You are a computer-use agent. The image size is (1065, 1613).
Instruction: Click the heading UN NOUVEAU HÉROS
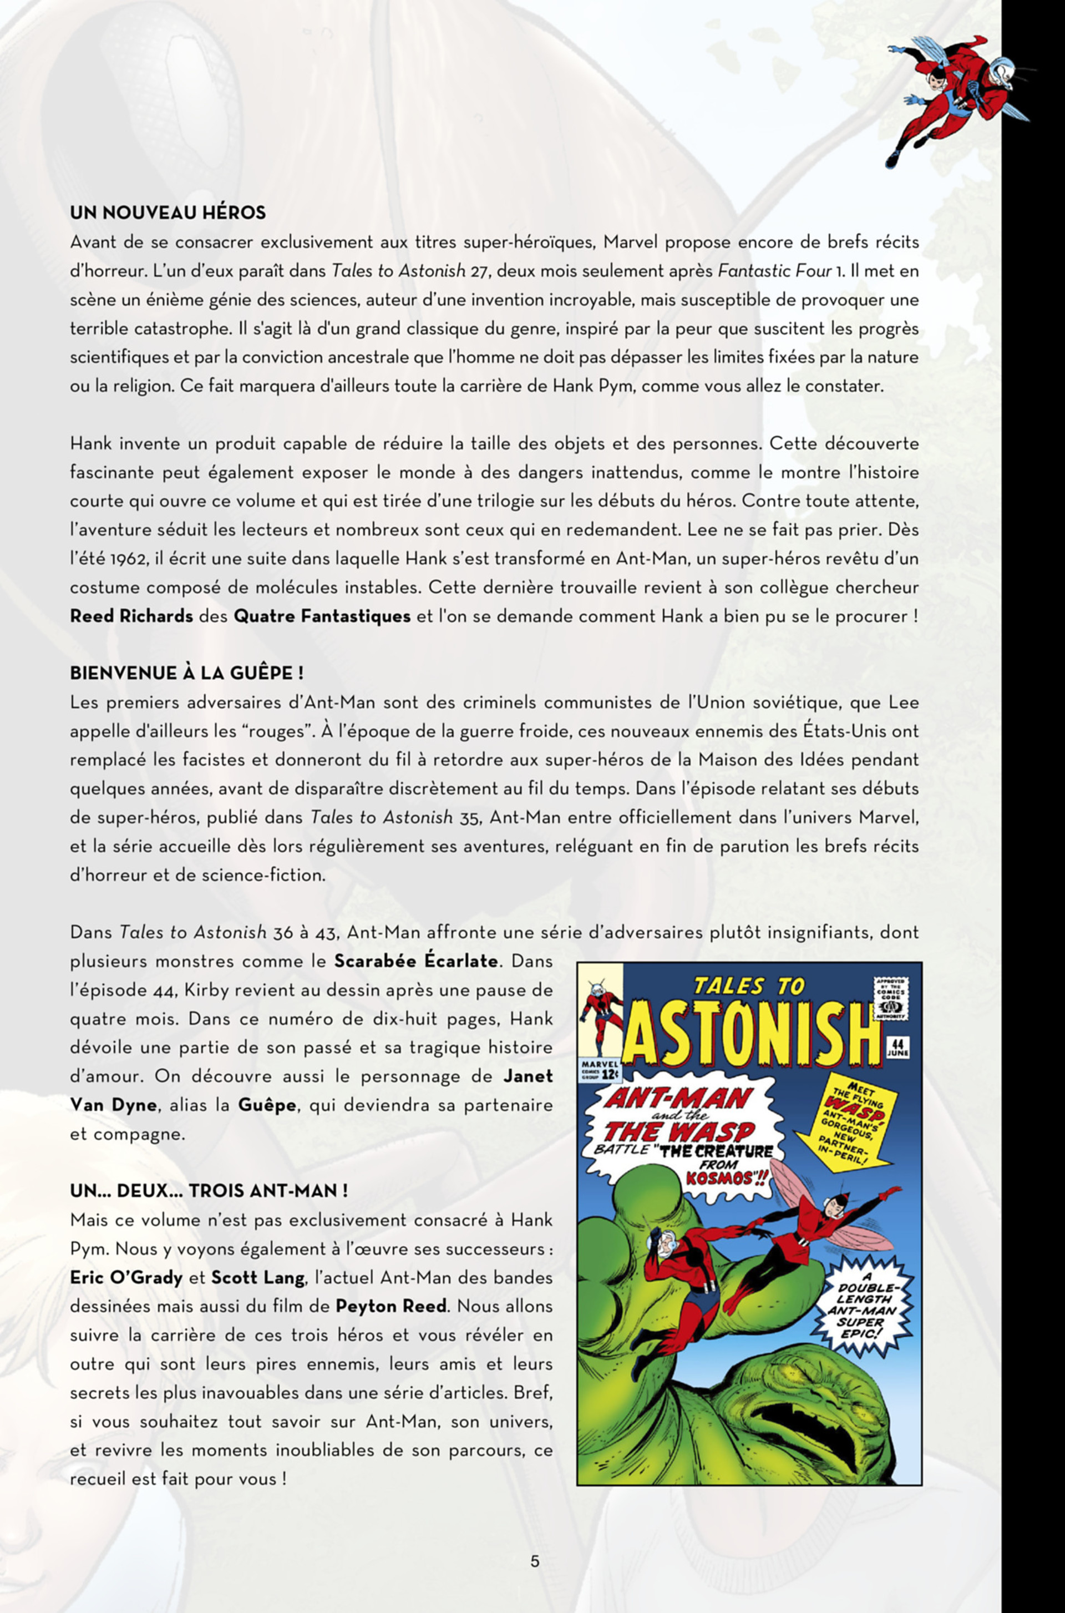click(x=168, y=213)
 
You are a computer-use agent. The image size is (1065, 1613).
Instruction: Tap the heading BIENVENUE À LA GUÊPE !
click(x=187, y=673)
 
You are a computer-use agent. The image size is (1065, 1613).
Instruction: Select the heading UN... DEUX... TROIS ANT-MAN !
click(x=209, y=1191)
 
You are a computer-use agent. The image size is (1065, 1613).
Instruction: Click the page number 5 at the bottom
click(x=535, y=1561)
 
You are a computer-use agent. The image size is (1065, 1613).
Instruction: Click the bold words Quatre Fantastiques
click(x=322, y=616)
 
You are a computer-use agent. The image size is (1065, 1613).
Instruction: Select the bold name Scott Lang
click(x=258, y=1277)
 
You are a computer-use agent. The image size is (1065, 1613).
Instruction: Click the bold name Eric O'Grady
click(x=126, y=1277)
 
